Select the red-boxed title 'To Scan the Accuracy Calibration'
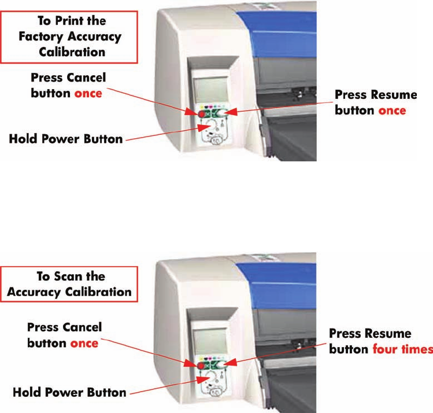click(69, 283)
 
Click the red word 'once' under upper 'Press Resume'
click(392, 110)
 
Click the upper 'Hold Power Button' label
click(66, 139)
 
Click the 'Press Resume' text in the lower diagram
click(370, 334)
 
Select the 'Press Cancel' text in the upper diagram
click(68, 78)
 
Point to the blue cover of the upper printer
click(289, 23)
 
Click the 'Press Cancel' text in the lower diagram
click(64, 327)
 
